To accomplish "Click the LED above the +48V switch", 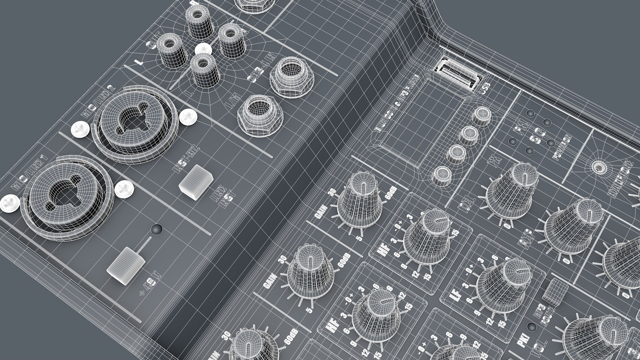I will pos(157,229).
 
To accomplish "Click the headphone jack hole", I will pos(599,167).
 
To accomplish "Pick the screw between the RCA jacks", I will pos(203,49).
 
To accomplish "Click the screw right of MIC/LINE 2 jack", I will pos(189,117).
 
